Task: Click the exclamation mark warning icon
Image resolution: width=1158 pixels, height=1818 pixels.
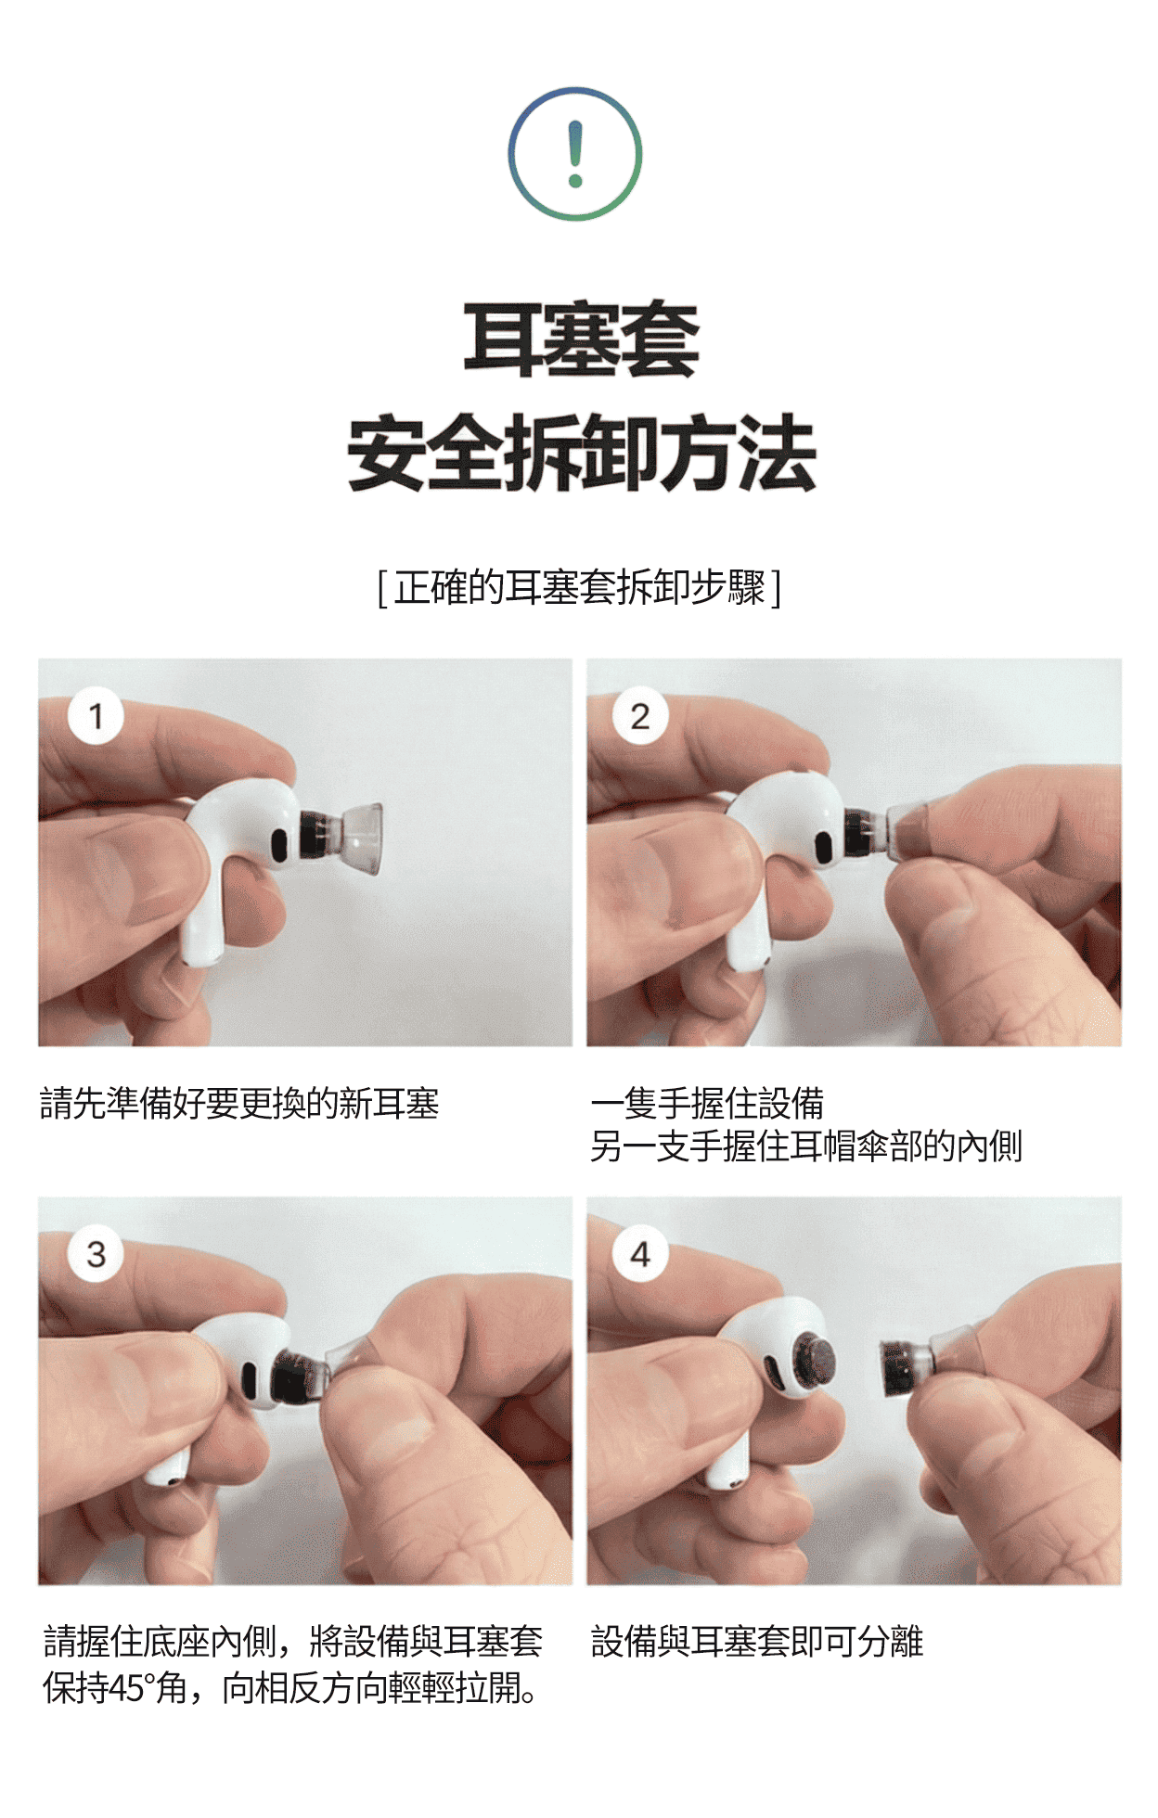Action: (x=575, y=154)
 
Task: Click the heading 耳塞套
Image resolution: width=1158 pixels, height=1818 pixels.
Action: (x=581, y=339)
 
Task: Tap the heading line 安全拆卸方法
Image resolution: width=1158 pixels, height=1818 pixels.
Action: (x=582, y=453)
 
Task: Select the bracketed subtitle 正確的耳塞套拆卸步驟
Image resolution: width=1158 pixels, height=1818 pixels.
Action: (x=580, y=587)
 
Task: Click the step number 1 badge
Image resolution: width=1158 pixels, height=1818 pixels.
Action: (x=96, y=716)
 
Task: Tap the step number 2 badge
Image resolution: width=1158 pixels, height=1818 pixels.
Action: (x=640, y=716)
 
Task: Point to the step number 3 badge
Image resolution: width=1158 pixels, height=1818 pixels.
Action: (x=96, y=1254)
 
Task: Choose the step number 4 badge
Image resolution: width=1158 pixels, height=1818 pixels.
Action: (x=640, y=1254)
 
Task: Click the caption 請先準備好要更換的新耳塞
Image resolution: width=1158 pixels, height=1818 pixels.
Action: (x=239, y=1104)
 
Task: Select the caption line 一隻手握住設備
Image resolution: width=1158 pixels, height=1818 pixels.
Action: (x=707, y=1104)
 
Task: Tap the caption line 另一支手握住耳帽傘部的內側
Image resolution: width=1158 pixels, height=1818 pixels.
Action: (x=806, y=1146)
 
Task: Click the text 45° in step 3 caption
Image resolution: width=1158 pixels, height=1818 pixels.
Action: (x=131, y=1688)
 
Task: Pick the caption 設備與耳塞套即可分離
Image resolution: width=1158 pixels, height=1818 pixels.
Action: (x=757, y=1642)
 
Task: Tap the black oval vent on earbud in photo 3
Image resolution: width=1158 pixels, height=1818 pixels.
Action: (x=249, y=1379)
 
